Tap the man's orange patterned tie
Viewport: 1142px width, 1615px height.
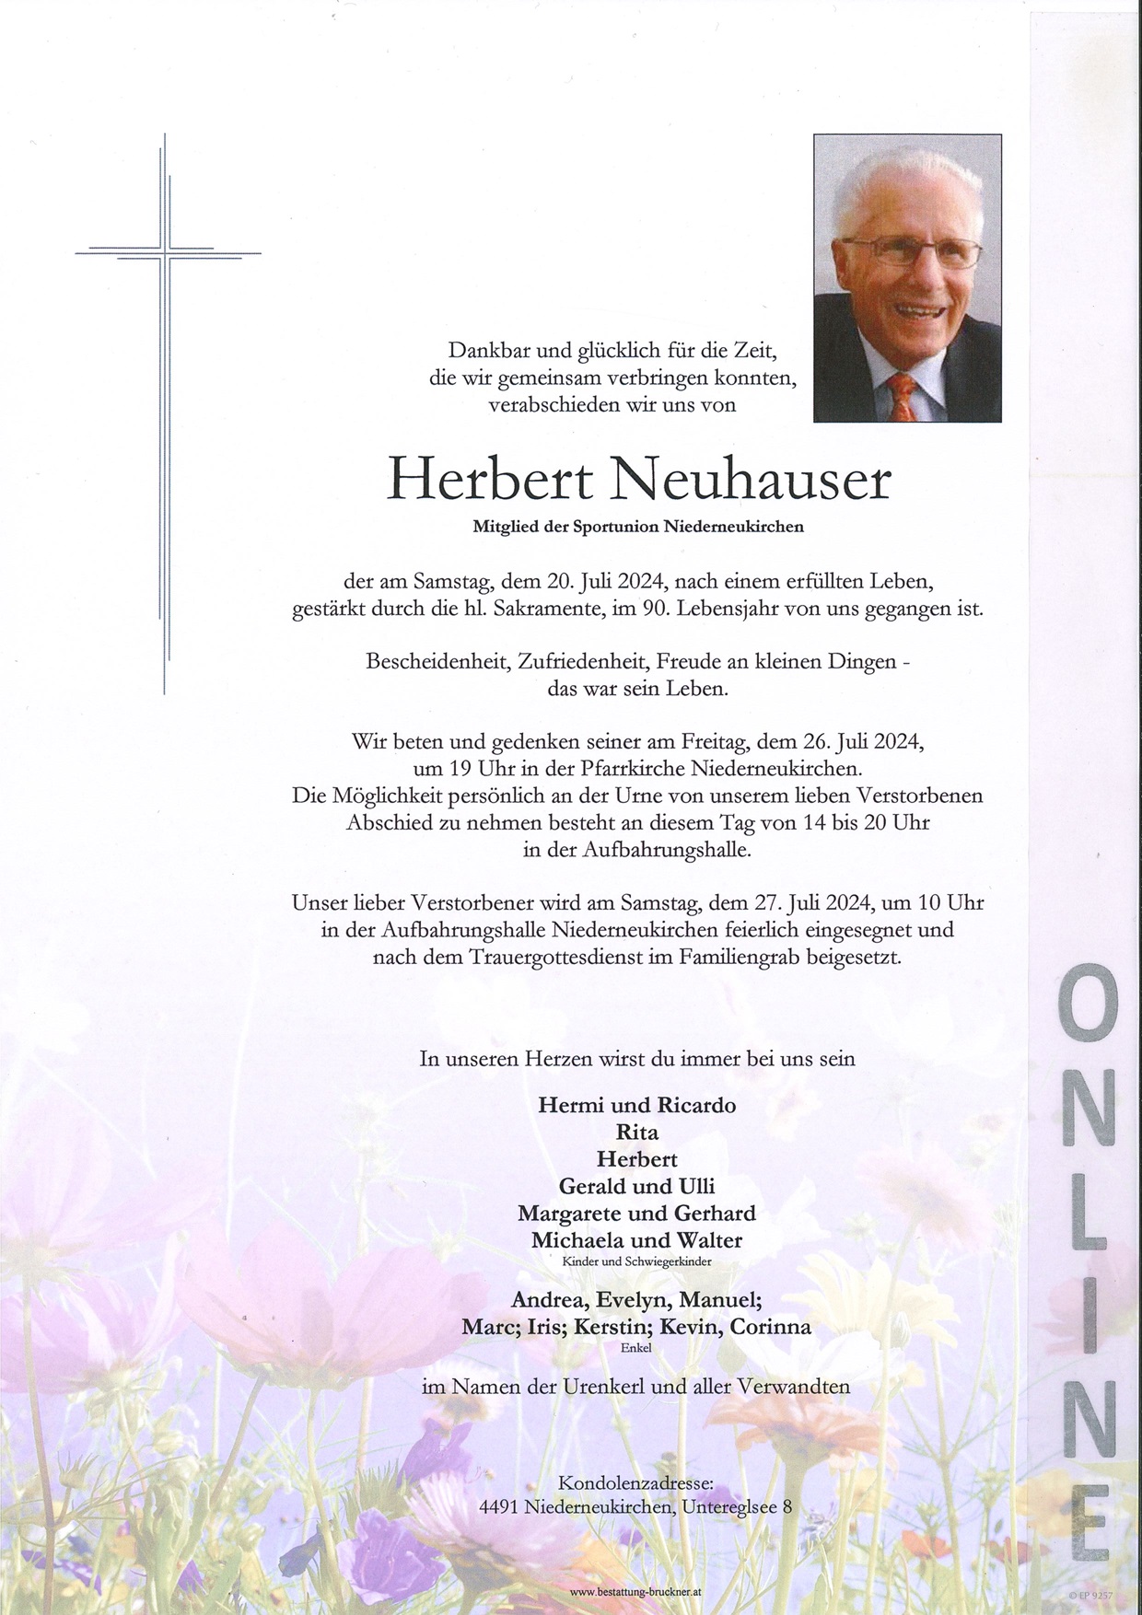[903, 396]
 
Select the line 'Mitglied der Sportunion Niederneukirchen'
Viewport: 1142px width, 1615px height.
[638, 528]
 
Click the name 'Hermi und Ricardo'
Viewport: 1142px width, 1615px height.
[637, 1105]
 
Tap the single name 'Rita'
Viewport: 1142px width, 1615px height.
[637, 1132]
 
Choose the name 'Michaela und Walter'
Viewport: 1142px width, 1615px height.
[637, 1239]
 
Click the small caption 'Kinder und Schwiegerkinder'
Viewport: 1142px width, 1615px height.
[637, 1261]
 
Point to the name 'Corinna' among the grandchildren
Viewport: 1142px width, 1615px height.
[774, 1327]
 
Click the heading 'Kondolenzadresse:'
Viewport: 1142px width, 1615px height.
[636, 1483]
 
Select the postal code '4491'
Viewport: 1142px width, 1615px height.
[500, 1508]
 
